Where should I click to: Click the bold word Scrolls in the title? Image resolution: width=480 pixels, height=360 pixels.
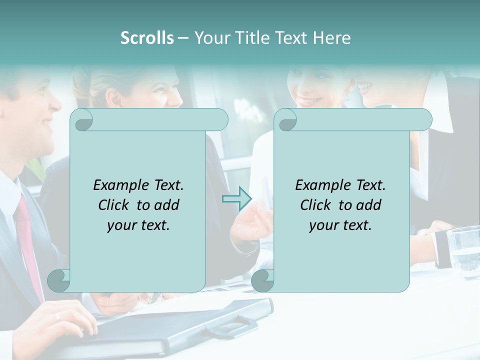point(147,37)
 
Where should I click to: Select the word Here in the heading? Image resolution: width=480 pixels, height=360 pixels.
point(331,37)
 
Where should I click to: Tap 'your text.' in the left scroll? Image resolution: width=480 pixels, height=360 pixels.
point(138,225)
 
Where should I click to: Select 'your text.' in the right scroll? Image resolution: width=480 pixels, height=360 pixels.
point(340,225)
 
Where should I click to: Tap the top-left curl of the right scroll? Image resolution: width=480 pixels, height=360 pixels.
point(286,120)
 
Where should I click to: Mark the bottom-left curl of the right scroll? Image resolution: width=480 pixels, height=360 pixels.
point(262,280)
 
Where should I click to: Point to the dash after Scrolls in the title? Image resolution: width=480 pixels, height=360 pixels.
point(183,38)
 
